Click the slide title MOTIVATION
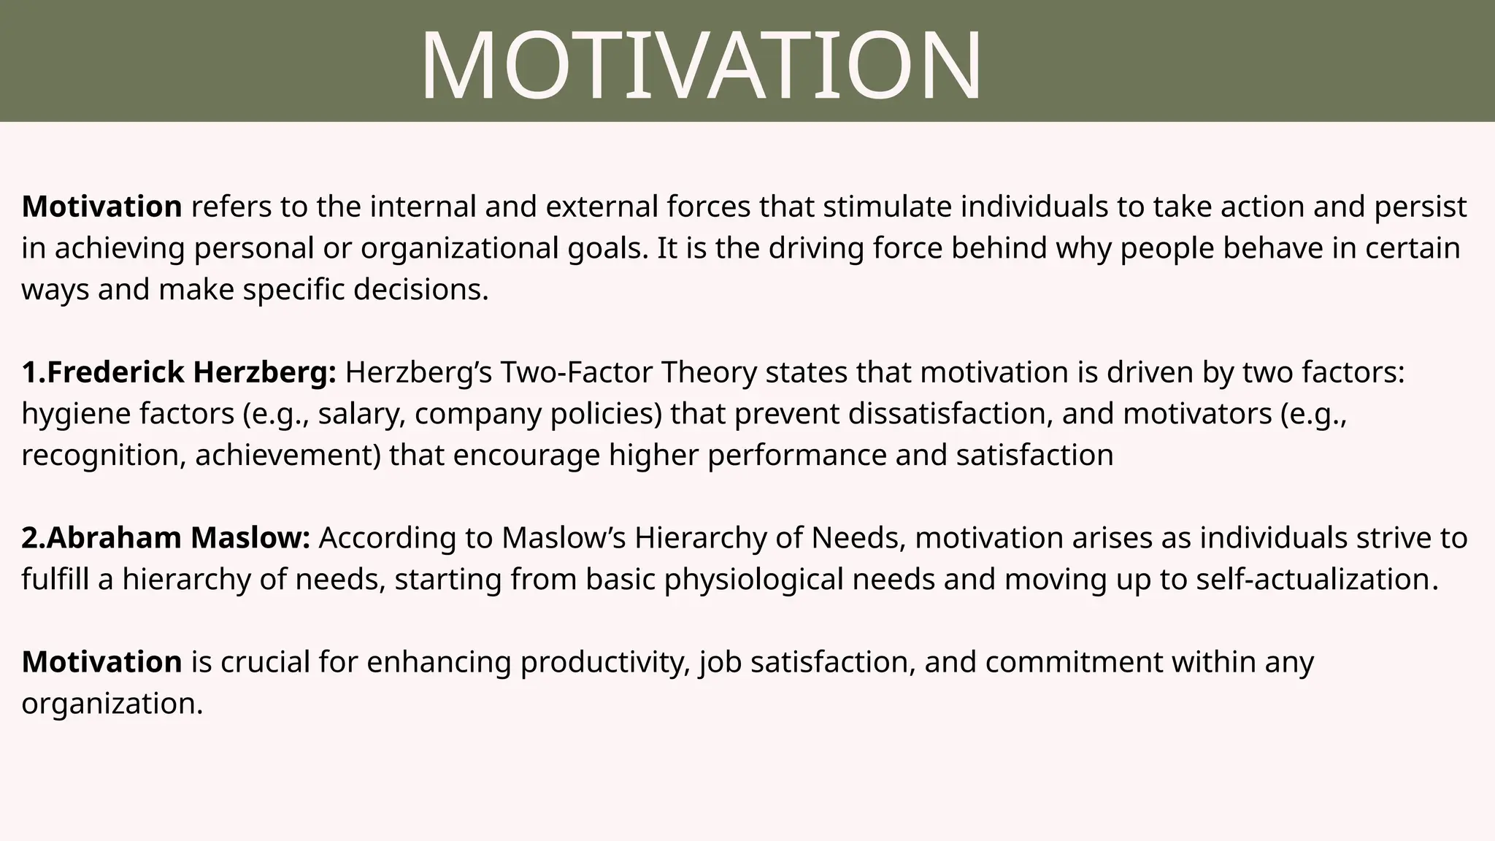point(701,66)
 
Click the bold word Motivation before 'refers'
point(101,207)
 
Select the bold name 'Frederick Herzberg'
point(188,372)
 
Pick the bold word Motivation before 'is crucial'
point(101,662)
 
